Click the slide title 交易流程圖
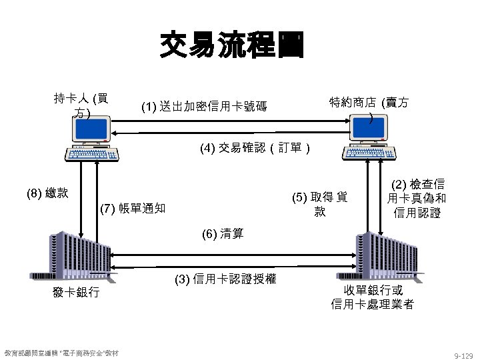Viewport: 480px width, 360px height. coord(231,46)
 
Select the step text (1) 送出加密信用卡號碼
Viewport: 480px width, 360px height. coord(204,106)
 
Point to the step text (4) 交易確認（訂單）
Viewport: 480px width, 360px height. coord(254,147)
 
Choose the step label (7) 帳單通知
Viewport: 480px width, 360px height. coord(132,208)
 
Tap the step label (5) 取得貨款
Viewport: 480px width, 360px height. coord(320,204)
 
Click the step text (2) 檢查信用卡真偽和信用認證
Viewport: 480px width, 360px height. coord(417,199)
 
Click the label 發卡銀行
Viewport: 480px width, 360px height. coord(76,292)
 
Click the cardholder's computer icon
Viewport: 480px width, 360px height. coord(92,139)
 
